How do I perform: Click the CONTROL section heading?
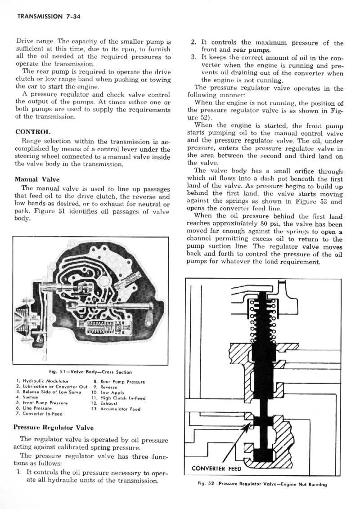[x=31, y=133]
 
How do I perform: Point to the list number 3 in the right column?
[x=193, y=58]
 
